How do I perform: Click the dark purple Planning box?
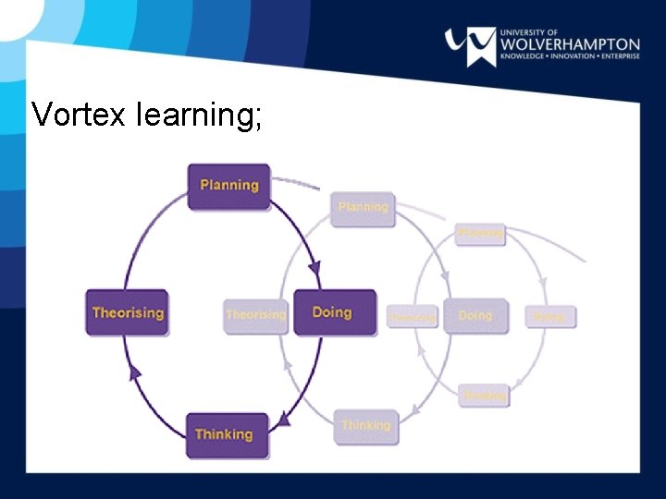[229, 186]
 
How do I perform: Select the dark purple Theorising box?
[128, 312]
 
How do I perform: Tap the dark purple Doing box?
[334, 312]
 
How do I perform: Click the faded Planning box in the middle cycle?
[363, 208]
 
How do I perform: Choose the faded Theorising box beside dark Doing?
[255, 315]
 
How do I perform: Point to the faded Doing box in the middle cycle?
[475, 315]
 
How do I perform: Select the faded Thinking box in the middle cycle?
[365, 425]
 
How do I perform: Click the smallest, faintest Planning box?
[480, 234]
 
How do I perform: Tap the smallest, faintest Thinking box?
[484, 396]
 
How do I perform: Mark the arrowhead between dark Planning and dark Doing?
[314, 269]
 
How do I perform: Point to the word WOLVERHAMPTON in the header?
[569, 44]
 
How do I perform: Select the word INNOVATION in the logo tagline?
[577, 57]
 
